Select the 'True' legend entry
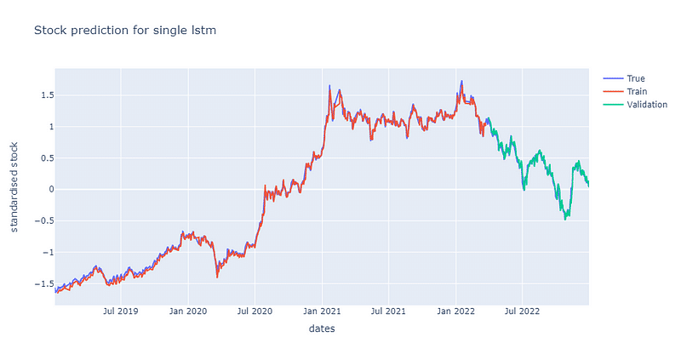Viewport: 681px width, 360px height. tap(635, 79)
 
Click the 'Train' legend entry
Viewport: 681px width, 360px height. tap(635, 92)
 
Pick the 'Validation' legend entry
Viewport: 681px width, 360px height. tap(646, 105)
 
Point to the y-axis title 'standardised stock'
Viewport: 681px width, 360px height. tap(14, 186)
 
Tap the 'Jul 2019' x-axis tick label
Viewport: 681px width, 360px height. tap(121, 311)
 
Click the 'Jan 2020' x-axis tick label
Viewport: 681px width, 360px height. tap(188, 311)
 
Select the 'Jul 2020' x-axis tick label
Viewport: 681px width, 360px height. tap(255, 311)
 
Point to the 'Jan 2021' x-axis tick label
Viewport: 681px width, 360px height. tap(322, 311)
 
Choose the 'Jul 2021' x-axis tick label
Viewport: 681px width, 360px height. tap(388, 311)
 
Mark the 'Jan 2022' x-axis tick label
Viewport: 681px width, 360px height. tap(455, 311)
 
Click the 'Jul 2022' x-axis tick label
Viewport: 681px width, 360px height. tap(522, 311)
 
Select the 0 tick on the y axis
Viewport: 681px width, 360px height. tap(48, 190)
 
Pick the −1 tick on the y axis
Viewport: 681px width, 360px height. tap(44, 252)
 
